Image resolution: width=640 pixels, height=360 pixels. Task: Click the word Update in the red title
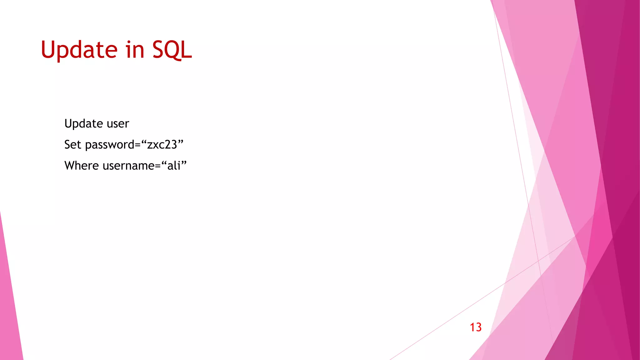(x=79, y=50)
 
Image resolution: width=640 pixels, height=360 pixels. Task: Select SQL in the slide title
(x=172, y=50)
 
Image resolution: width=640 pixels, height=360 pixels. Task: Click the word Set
(x=72, y=145)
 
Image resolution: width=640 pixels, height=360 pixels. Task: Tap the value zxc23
(x=162, y=145)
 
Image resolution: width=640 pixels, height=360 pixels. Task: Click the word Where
(x=82, y=166)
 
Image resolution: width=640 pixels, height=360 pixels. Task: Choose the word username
(x=128, y=166)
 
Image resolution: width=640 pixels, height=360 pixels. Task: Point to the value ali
(x=174, y=166)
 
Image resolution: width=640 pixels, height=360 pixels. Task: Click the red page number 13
(x=476, y=327)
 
